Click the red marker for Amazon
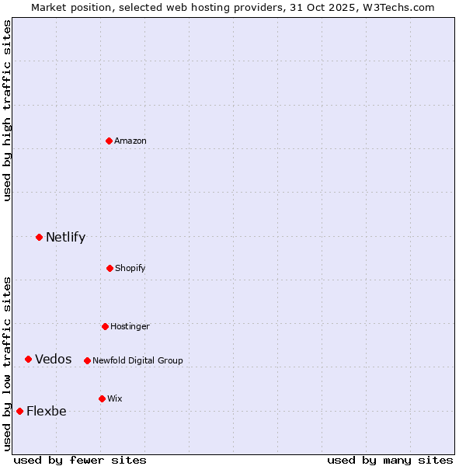pyautogui.click(x=110, y=141)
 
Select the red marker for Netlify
pyautogui.click(x=39, y=237)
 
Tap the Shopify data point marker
pyautogui.click(x=110, y=268)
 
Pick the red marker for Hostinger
pyautogui.click(x=105, y=326)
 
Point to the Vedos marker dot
pyautogui.click(x=28, y=359)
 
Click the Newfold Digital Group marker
pyautogui.click(x=87, y=360)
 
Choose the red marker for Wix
pyautogui.click(x=102, y=398)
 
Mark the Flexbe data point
pyautogui.click(x=19, y=411)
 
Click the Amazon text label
pyautogui.click(x=130, y=141)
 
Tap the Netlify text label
pyautogui.click(x=65, y=237)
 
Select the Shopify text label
pyautogui.click(x=130, y=268)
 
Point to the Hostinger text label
pyautogui.click(x=130, y=326)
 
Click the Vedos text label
pyautogui.click(x=54, y=359)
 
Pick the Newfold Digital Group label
pyautogui.click(x=137, y=360)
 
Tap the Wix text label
pyautogui.click(x=115, y=398)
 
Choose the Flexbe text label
pyautogui.click(x=47, y=411)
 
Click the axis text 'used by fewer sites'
pyautogui.click(x=80, y=460)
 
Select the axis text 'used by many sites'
pyautogui.click(x=390, y=460)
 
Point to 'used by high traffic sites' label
pyautogui.click(x=7, y=110)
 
